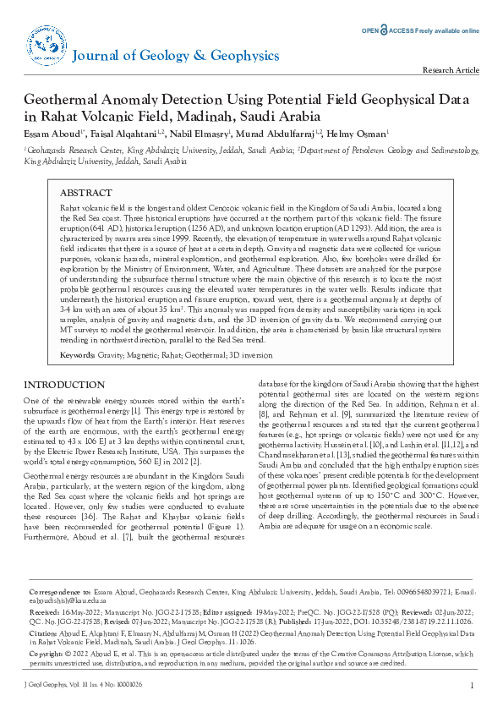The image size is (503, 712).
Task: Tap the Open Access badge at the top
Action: (x=421, y=30)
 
